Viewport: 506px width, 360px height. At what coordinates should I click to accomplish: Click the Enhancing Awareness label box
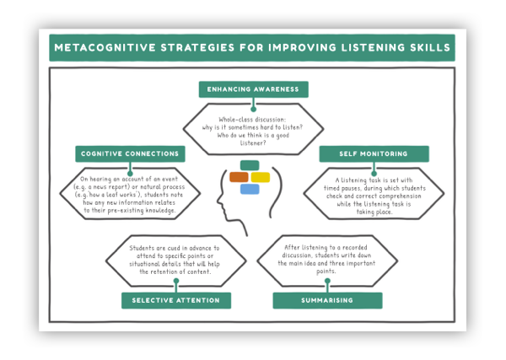click(252, 89)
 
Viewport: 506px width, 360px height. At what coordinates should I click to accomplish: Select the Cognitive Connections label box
click(130, 154)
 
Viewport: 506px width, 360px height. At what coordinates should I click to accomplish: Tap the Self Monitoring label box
click(373, 154)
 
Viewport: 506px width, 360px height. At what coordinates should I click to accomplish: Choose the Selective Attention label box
click(175, 300)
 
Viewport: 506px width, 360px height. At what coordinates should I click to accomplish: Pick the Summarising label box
click(327, 300)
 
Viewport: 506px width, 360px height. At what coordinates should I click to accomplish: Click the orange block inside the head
click(239, 177)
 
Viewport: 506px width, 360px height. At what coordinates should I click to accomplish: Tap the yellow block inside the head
click(261, 177)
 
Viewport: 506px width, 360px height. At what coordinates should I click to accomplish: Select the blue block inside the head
click(250, 189)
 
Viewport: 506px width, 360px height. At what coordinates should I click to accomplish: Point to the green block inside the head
click(250, 165)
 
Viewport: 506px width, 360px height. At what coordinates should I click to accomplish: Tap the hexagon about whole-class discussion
click(252, 127)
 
